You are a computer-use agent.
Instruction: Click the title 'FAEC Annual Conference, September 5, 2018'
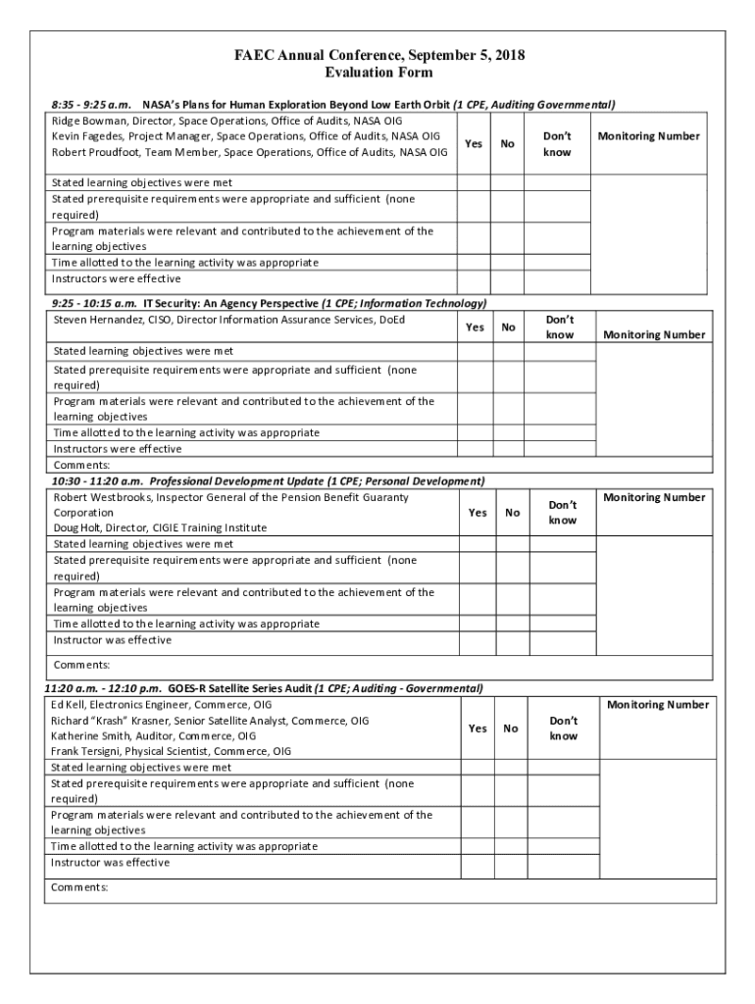tap(378, 56)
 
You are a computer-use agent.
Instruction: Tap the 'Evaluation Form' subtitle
tap(377, 74)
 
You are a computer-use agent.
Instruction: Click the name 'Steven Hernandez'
tap(97, 320)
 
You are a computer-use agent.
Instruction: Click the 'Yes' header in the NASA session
tap(474, 144)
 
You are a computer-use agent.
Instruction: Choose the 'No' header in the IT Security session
tap(508, 327)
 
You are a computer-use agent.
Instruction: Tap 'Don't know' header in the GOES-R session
tap(563, 728)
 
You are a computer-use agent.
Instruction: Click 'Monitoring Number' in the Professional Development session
tap(654, 498)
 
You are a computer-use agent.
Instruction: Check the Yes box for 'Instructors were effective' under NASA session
tap(475, 279)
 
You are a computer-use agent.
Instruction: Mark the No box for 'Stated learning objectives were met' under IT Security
tap(508, 351)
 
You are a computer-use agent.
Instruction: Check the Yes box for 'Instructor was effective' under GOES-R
tap(477, 863)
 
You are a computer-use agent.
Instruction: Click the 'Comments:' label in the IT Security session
tap(81, 465)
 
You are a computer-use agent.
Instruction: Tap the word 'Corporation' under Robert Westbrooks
tap(83, 513)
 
